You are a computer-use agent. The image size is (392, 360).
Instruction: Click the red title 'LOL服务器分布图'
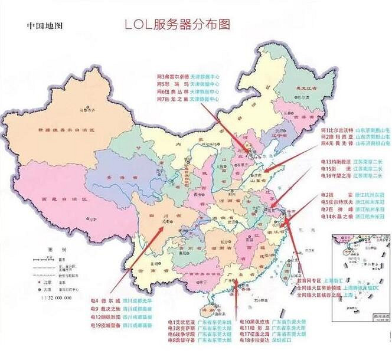tap(177, 25)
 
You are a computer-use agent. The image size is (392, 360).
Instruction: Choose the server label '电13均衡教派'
tap(336, 161)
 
